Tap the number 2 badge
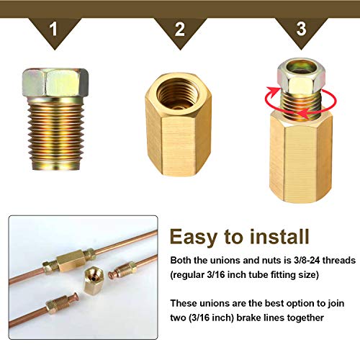179,29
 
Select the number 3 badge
302,29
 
